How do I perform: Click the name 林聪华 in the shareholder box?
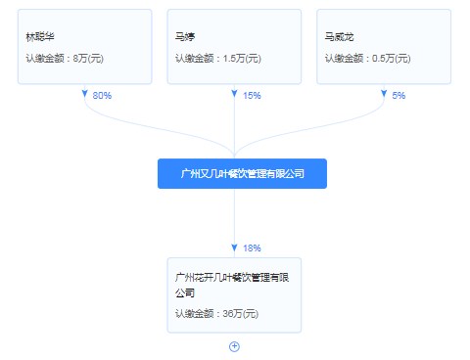(40, 38)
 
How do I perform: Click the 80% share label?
(102, 96)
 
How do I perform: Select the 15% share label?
(252, 96)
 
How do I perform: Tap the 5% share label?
(399, 96)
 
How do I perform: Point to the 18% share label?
(252, 247)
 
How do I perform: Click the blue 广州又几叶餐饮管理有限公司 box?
(242, 174)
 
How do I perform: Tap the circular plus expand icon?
(234, 346)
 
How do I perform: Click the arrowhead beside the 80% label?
(84, 95)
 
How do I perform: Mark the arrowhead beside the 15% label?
(234, 95)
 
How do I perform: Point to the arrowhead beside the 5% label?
(384, 95)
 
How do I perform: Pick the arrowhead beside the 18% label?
(234, 247)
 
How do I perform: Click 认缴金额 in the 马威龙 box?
(344, 60)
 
